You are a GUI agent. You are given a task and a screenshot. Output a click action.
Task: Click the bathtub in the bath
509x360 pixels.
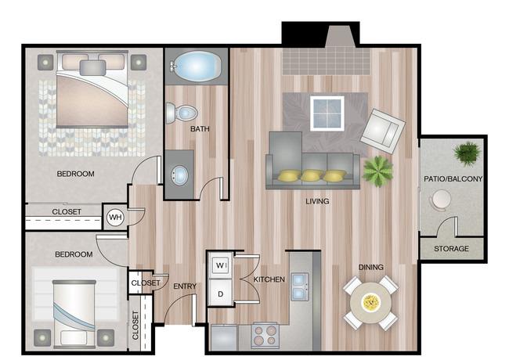pos(196,67)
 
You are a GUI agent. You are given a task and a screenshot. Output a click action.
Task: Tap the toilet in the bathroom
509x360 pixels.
pos(181,113)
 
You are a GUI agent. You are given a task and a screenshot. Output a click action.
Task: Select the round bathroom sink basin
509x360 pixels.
pos(179,175)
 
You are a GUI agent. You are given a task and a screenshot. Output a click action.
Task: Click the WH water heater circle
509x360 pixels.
pos(115,217)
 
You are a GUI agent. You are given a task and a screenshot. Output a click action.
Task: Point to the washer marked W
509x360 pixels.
pos(221,265)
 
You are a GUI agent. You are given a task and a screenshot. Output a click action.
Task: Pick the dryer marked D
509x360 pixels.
pos(220,293)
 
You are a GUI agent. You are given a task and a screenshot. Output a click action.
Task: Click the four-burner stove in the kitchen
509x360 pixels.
pos(265,336)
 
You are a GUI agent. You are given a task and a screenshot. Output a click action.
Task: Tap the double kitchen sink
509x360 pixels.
pos(299,286)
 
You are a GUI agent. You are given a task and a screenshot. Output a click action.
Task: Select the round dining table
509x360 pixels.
pos(370,303)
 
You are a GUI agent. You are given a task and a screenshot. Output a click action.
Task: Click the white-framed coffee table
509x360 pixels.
pos(327,113)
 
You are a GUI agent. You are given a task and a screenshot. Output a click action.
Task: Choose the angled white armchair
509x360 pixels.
pos(383,131)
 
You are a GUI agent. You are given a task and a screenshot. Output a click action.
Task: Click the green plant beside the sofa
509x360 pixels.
pos(378,171)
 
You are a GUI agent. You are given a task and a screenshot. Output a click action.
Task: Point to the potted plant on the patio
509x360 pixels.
pos(467,153)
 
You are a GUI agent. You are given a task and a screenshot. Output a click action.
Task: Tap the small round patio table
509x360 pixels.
pos(441,198)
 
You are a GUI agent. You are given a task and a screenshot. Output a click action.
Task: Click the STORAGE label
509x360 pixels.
pos(451,249)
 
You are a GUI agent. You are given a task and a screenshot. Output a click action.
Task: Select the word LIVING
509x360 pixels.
pos(317,201)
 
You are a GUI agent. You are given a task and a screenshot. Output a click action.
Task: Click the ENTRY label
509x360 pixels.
pos(185,286)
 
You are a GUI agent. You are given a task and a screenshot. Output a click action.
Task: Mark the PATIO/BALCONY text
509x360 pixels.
pos(453,178)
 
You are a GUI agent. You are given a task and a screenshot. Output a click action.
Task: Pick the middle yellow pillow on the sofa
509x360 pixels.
pos(312,175)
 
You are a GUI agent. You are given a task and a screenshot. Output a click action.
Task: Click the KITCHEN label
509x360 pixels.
pos(269,279)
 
